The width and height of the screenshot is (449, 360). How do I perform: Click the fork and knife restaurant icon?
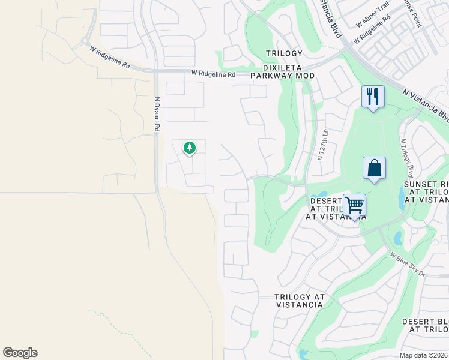pyautogui.click(x=373, y=96)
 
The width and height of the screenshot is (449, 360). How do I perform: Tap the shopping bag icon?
pyautogui.click(x=374, y=168)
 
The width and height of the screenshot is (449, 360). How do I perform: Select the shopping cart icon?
pyautogui.click(x=355, y=205)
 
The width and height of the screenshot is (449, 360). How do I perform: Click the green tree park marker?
pyautogui.click(x=190, y=147)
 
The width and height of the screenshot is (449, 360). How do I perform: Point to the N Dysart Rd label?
pyautogui.click(x=157, y=115)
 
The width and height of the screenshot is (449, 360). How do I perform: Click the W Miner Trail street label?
pyautogui.click(x=373, y=21)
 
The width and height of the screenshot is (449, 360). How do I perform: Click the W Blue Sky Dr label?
pyautogui.click(x=408, y=265)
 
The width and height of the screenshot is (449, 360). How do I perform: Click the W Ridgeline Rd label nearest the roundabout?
pyautogui.click(x=110, y=58)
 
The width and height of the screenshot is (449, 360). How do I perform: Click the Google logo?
pyautogui.click(x=20, y=353)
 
